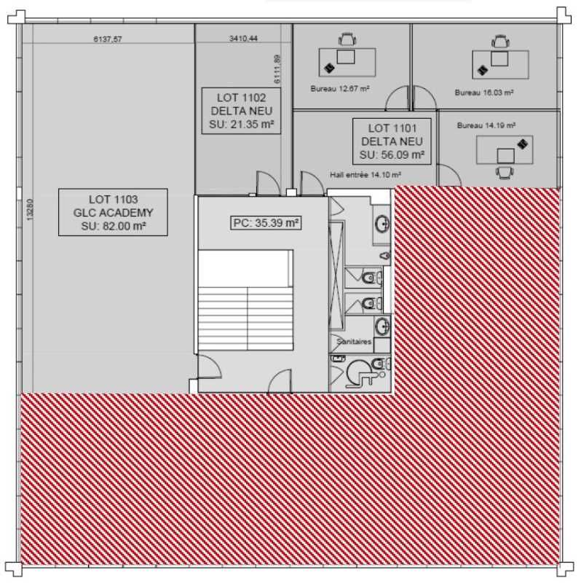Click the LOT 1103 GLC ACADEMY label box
(x=113, y=212)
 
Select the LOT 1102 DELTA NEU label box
(x=240, y=111)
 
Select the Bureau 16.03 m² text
(x=484, y=93)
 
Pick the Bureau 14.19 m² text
(x=486, y=125)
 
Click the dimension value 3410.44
(x=243, y=39)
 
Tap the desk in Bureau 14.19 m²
(x=504, y=152)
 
